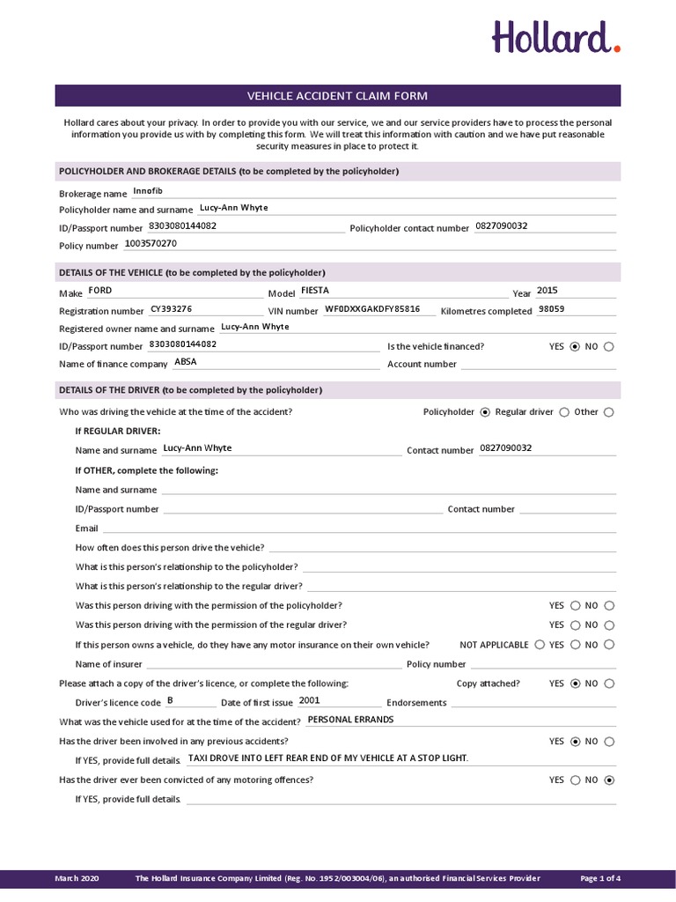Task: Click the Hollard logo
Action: [x=555, y=38]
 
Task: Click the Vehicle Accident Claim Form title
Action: [x=337, y=96]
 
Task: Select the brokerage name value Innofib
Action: [x=148, y=191]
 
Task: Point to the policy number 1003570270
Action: [x=151, y=243]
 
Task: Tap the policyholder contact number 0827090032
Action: [x=501, y=225]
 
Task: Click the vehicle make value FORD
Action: [x=100, y=291]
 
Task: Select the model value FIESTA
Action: [x=314, y=290]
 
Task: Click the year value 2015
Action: [x=547, y=291]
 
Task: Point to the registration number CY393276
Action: [x=171, y=309]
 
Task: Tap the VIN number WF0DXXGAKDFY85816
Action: [x=372, y=309]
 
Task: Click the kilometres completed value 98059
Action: [x=552, y=309]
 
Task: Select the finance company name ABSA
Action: [x=186, y=361]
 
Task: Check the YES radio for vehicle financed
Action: [x=576, y=347]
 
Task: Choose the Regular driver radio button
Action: [x=564, y=412]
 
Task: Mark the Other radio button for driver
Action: [x=609, y=412]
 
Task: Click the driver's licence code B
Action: [x=170, y=700]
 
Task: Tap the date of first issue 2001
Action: [x=310, y=700]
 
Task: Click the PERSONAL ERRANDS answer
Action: [x=350, y=720]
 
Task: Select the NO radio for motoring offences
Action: [x=610, y=780]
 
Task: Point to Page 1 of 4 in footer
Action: [x=600, y=878]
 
